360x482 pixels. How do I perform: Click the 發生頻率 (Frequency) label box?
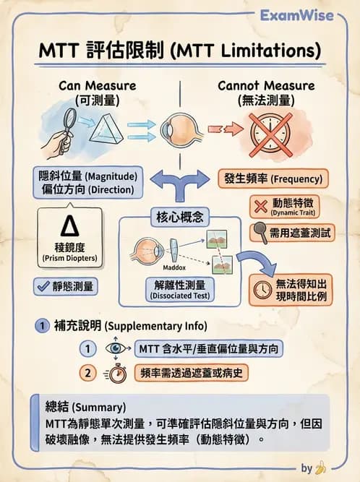[270, 177]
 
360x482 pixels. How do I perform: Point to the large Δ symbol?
[70, 226]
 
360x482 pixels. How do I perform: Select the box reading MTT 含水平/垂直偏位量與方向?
[209, 348]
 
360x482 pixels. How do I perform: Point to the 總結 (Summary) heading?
[80, 407]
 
